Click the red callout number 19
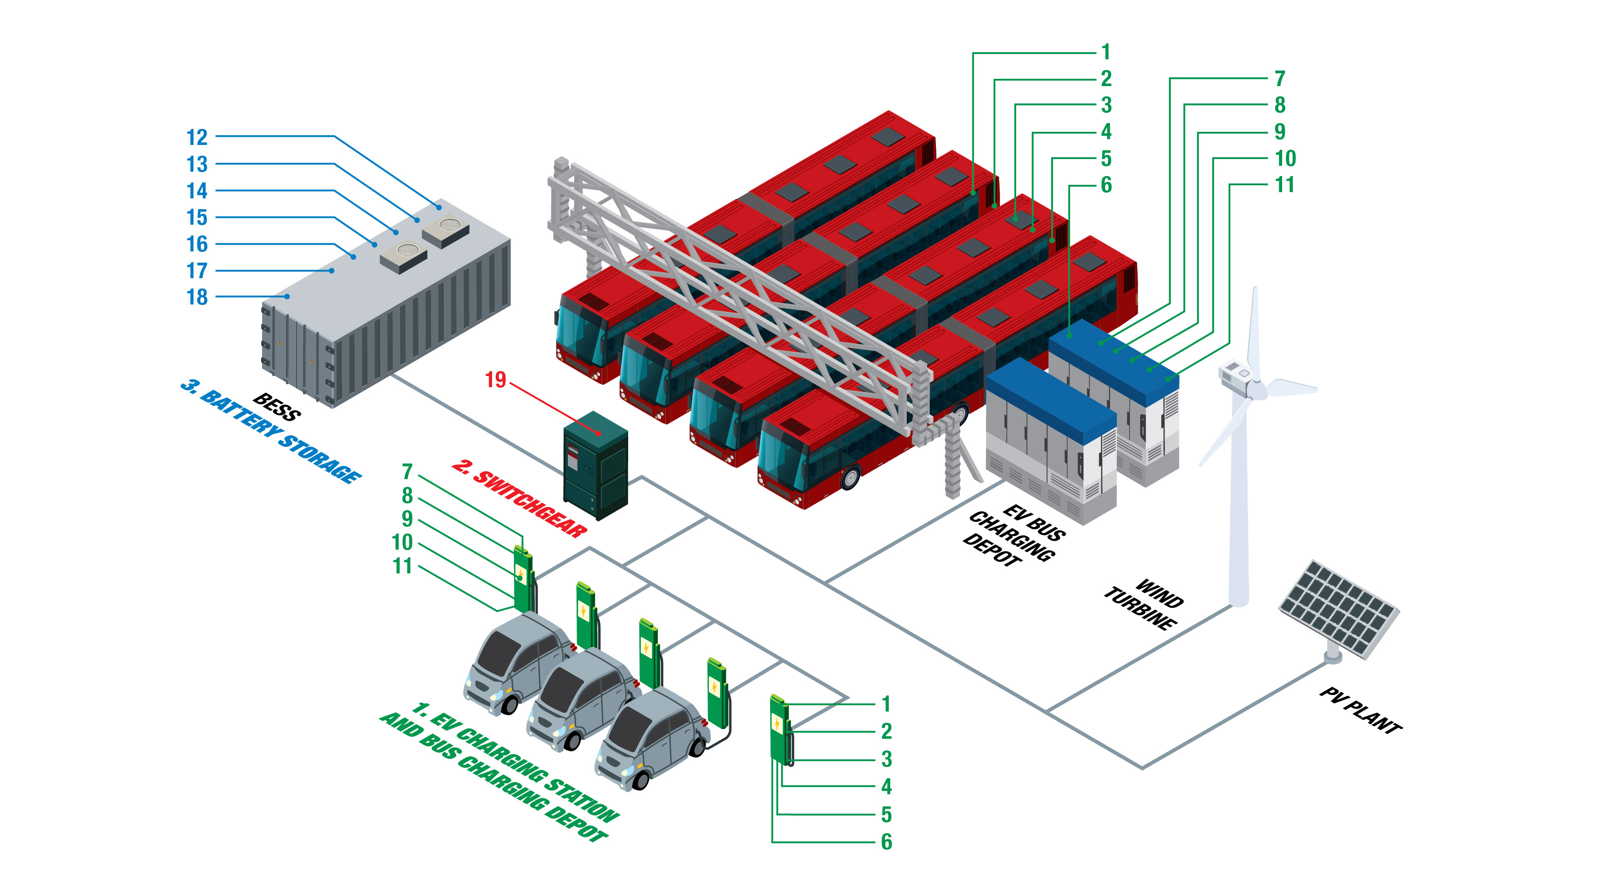(x=495, y=379)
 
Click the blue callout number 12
(x=197, y=137)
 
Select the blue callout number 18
(x=197, y=297)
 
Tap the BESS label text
(x=277, y=407)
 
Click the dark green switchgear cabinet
(x=595, y=466)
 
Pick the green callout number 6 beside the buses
(x=1106, y=185)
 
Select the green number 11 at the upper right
(x=1285, y=185)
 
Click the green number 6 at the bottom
(x=886, y=841)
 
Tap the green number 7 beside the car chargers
(x=407, y=471)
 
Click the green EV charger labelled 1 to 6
(x=779, y=730)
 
